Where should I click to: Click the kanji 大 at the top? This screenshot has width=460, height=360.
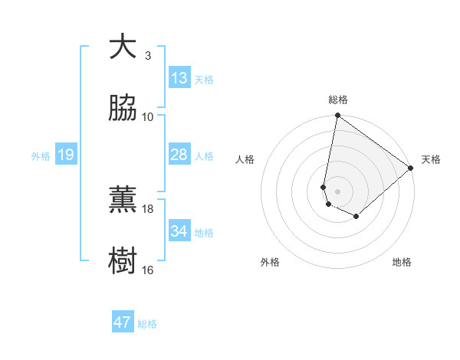[123, 47]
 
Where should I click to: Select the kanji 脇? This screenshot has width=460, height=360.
[123, 109]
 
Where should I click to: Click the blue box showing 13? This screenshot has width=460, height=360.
[179, 78]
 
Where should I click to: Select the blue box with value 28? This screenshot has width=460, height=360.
[179, 155]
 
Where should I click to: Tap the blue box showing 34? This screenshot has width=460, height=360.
[179, 231]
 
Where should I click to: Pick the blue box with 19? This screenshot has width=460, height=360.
[66, 155]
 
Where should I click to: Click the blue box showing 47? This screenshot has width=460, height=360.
[123, 322]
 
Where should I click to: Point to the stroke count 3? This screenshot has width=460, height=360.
[148, 56]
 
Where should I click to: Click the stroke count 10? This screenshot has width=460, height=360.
[148, 117]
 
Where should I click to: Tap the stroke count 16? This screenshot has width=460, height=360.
[148, 270]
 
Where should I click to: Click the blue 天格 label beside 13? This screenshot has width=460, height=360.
[204, 80]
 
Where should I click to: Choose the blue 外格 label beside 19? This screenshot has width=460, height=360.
[41, 156]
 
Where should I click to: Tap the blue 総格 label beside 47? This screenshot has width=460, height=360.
[147, 324]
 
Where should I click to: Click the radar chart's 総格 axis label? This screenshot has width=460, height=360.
[338, 100]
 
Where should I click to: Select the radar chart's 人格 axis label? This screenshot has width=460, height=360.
[246, 159]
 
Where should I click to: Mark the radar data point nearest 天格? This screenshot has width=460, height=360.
[411, 169]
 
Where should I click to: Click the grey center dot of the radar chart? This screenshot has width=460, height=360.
[337, 191]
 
